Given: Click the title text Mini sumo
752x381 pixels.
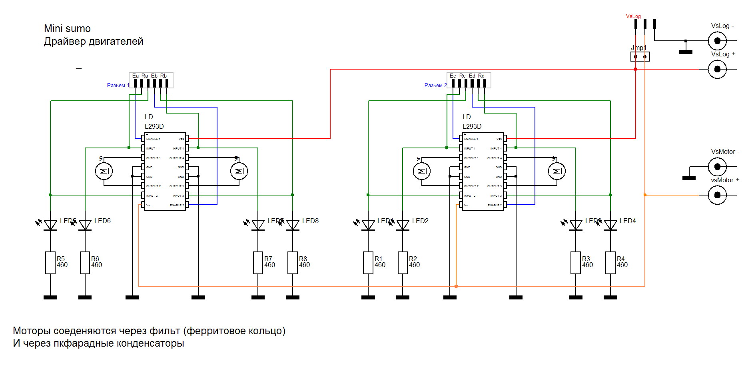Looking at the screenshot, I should (x=67, y=29).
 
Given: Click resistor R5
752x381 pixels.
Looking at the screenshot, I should (x=50, y=263).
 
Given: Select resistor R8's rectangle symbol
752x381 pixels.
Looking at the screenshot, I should (x=293, y=263).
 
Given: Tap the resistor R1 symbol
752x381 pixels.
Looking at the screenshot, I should (x=368, y=263).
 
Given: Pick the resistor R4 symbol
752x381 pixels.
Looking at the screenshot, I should (x=610, y=263).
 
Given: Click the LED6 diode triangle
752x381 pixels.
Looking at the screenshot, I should (x=85, y=225).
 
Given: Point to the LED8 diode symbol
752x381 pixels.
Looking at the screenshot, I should (x=293, y=225).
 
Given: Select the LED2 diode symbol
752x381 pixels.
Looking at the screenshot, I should (x=403, y=225).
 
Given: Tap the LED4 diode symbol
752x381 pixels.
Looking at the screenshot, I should (x=610, y=225).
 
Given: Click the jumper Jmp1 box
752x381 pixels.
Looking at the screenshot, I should (x=640, y=57).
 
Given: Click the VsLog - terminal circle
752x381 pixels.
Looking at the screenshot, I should (x=717, y=41).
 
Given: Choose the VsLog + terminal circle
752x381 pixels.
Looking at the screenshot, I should (x=717, y=69).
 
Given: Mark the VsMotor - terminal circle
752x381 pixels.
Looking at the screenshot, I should (x=717, y=167).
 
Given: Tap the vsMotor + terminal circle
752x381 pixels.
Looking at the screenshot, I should (x=717, y=195).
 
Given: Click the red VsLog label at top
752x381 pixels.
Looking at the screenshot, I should (x=633, y=16).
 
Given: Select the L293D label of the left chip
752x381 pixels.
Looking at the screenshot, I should (x=154, y=126).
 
